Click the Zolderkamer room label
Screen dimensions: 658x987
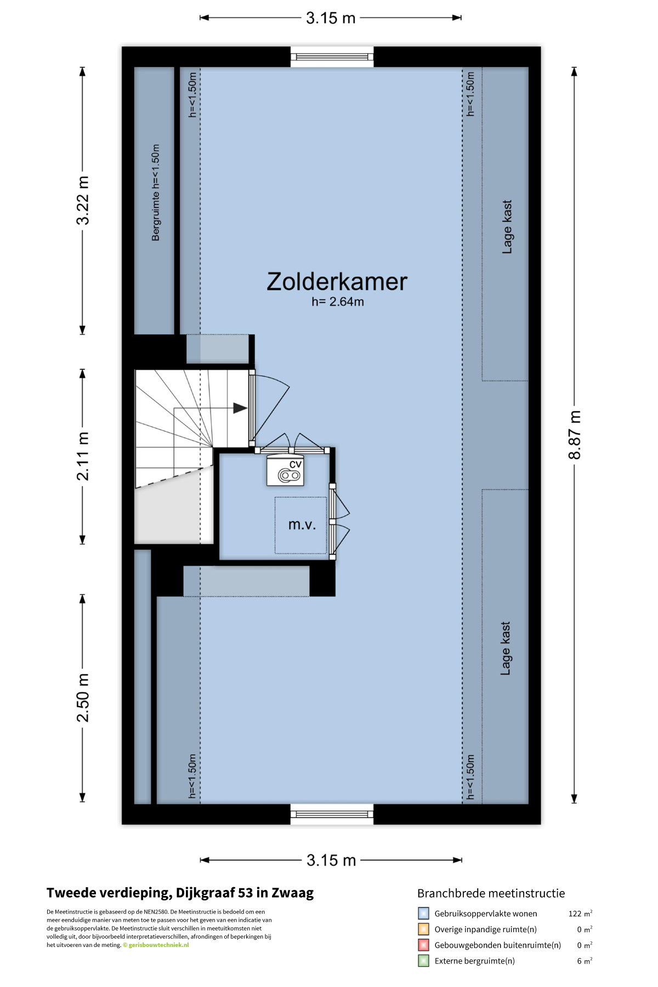tap(337, 282)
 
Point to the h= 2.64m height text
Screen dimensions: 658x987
tap(338, 302)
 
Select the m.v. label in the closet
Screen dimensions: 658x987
tap(302, 525)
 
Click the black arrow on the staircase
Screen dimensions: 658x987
tap(240, 408)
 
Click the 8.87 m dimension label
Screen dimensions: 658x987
tap(574, 435)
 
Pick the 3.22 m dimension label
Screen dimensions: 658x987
tap(83, 201)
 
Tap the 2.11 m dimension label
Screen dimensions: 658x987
tap(83, 456)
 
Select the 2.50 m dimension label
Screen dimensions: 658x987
tap(83, 697)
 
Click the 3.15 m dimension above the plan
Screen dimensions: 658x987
tap(331, 18)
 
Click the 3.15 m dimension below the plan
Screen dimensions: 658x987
tap(331, 860)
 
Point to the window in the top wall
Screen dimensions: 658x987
tap(332, 56)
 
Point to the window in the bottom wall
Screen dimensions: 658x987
tap(332, 814)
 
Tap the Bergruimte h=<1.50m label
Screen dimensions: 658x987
tap(156, 192)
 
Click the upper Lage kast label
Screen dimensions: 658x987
tap(507, 227)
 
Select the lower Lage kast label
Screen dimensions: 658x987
tap(506, 648)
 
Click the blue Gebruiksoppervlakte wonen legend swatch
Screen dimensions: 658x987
tap(423, 914)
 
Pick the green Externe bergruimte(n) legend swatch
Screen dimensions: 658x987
tap(423, 961)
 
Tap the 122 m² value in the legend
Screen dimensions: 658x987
tap(580, 914)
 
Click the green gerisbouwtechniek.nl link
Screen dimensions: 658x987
tap(158, 945)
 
